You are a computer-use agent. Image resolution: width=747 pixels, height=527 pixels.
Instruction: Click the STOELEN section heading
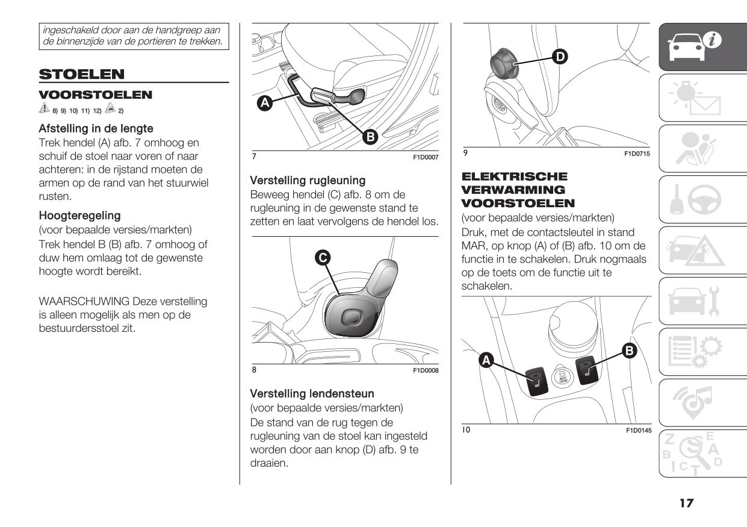pyautogui.click(x=82, y=75)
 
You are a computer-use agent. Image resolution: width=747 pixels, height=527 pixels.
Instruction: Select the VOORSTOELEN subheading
pyautogui.click(x=96, y=95)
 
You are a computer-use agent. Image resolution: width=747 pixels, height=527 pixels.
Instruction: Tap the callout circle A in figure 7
pyautogui.click(x=264, y=103)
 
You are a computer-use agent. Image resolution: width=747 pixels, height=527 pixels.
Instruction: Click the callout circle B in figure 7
pyautogui.click(x=370, y=137)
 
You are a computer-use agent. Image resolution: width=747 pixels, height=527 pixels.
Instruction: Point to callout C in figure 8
pyautogui.click(x=323, y=258)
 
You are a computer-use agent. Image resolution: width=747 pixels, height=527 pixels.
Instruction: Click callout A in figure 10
pyautogui.click(x=486, y=360)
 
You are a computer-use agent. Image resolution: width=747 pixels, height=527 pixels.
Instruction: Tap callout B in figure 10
pyautogui.click(x=629, y=351)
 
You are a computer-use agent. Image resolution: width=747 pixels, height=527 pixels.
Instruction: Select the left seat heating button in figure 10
pyautogui.click(x=536, y=381)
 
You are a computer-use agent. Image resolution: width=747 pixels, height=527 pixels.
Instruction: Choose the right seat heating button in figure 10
pyautogui.click(x=586, y=370)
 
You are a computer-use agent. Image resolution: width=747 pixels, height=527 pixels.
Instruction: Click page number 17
pyautogui.click(x=686, y=503)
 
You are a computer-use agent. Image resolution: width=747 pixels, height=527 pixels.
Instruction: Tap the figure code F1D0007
pyautogui.click(x=426, y=157)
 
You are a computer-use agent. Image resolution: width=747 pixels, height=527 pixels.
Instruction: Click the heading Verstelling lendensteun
pyautogui.click(x=312, y=394)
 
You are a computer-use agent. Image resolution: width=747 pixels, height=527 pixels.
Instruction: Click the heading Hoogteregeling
pyautogui.click(x=79, y=216)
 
